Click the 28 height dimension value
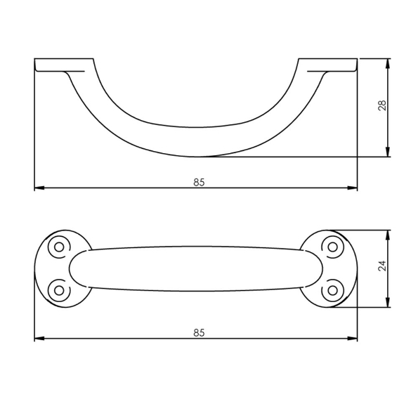pyautogui.click(x=382, y=106)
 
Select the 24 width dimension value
pyautogui.click(x=382, y=266)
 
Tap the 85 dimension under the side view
pyautogui.click(x=199, y=182)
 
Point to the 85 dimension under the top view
pyautogui.click(x=199, y=332)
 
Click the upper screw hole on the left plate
pyautogui.click(x=59, y=246)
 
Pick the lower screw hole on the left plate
pyautogui.click(x=59, y=289)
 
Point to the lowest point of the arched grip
pyautogui.click(x=199, y=155)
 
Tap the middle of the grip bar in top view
pyautogui.click(x=196, y=268)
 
